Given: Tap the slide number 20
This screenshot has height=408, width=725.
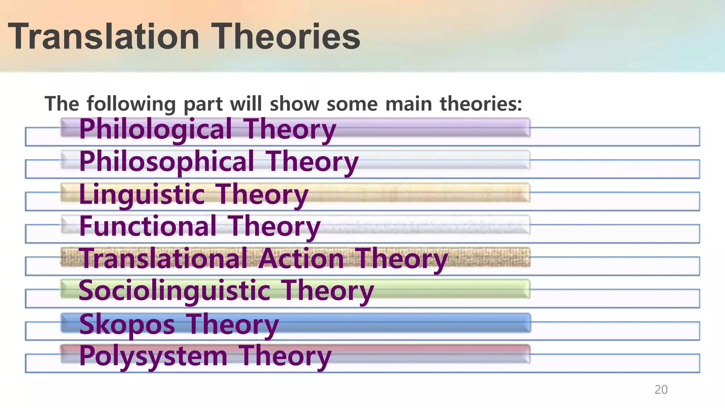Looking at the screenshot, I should tap(661, 390).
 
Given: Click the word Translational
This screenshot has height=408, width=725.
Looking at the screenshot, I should tap(163, 259).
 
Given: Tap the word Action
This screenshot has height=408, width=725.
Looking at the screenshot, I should tap(301, 259).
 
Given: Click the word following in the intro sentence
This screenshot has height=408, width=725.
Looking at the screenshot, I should tap(131, 104).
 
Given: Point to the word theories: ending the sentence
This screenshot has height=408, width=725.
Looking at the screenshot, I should tap(481, 104).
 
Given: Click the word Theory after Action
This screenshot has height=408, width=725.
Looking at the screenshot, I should tap(401, 259).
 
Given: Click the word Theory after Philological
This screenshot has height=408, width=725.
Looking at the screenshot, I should tap(290, 130).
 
